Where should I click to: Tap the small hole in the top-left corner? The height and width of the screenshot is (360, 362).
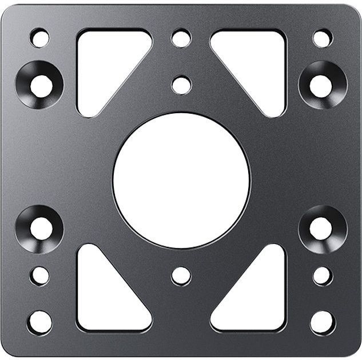39,38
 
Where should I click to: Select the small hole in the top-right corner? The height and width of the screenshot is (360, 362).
322,38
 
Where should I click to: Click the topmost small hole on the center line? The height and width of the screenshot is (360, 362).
181,38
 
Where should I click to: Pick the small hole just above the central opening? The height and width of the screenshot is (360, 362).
181,85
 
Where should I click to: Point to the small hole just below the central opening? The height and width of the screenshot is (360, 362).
181,275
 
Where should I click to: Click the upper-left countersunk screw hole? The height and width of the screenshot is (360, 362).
40,85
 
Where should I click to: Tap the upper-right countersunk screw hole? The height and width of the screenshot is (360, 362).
321,85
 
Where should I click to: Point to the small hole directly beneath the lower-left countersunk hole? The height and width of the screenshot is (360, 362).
39,275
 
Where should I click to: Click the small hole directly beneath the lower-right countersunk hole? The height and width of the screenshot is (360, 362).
322,275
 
